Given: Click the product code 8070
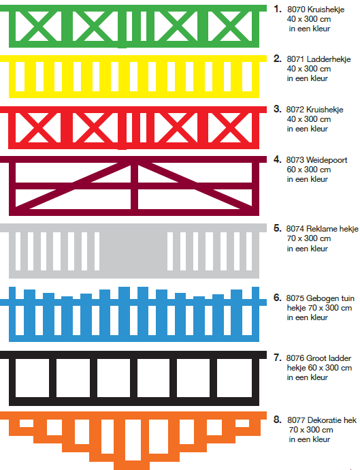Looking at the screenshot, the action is [295, 10].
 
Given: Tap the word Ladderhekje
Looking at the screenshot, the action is [329, 59].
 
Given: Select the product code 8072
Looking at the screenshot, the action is [295, 110].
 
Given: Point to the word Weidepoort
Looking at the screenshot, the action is [327, 160].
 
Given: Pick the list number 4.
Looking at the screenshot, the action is [278, 159].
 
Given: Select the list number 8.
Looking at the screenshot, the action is [278, 420].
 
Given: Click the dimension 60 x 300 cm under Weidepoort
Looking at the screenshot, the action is [309, 170].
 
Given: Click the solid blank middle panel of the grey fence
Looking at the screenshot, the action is [133, 251].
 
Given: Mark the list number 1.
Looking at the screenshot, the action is [278, 9].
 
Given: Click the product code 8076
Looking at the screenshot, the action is [295, 358].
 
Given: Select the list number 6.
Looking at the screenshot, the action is [278, 298].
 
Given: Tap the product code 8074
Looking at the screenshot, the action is [295, 229].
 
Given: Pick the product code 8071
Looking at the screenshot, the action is [295, 59].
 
